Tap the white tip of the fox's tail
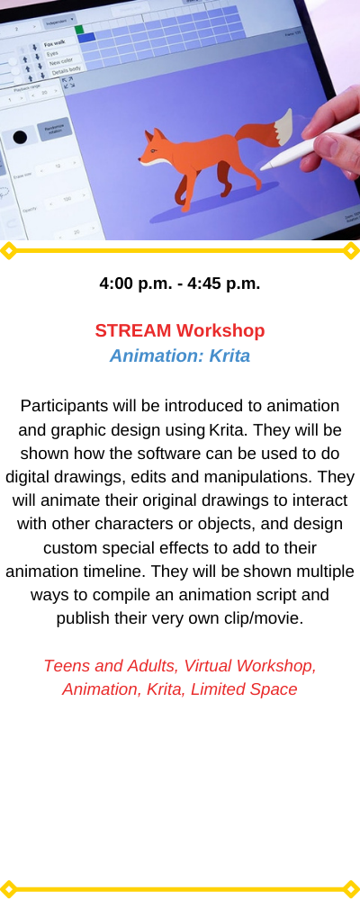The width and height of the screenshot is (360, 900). click(x=283, y=128)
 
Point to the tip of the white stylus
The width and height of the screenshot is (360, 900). click(x=263, y=168)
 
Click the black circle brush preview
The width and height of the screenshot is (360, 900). click(x=20, y=137)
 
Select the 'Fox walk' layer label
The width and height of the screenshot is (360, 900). click(x=55, y=43)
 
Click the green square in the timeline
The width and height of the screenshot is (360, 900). click(x=78, y=29)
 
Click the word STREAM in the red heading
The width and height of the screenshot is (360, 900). click(x=133, y=330)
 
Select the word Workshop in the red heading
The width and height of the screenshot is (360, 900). click(x=220, y=330)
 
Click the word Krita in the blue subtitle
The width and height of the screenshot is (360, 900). click(x=229, y=355)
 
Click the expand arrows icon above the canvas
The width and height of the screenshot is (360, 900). click(x=67, y=83)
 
